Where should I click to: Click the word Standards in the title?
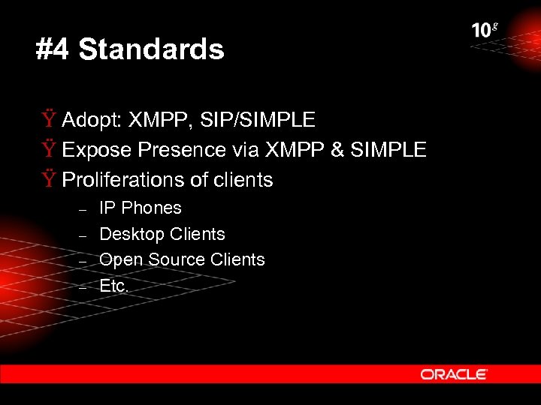[x=151, y=50]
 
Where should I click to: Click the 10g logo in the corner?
[x=484, y=30]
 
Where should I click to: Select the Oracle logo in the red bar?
[x=454, y=373]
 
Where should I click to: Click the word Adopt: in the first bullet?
[x=92, y=120]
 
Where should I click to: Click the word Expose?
[x=97, y=151]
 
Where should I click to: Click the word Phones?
[x=152, y=208]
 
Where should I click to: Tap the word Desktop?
[x=131, y=234]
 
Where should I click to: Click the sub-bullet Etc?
[x=113, y=285]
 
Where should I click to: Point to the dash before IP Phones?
[x=84, y=209]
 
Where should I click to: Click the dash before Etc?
[x=84, y=286]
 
